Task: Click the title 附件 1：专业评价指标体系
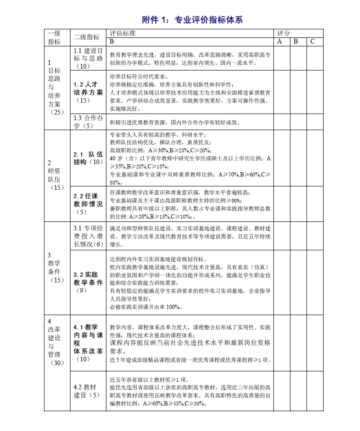(x=193, y=20)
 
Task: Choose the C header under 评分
(x=313, y=41)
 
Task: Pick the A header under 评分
(x=280, y=41)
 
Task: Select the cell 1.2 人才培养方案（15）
(x=88, y=92)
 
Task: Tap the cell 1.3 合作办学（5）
(x=88, y=122)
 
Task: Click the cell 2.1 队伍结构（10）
(x=88, y=158)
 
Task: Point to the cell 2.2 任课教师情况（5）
(x=88, y=204)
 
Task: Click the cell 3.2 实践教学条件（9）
(x=88, y=282)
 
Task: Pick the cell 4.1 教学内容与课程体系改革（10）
(x=88, y=343)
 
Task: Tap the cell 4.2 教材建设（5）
(x=88, y=391)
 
